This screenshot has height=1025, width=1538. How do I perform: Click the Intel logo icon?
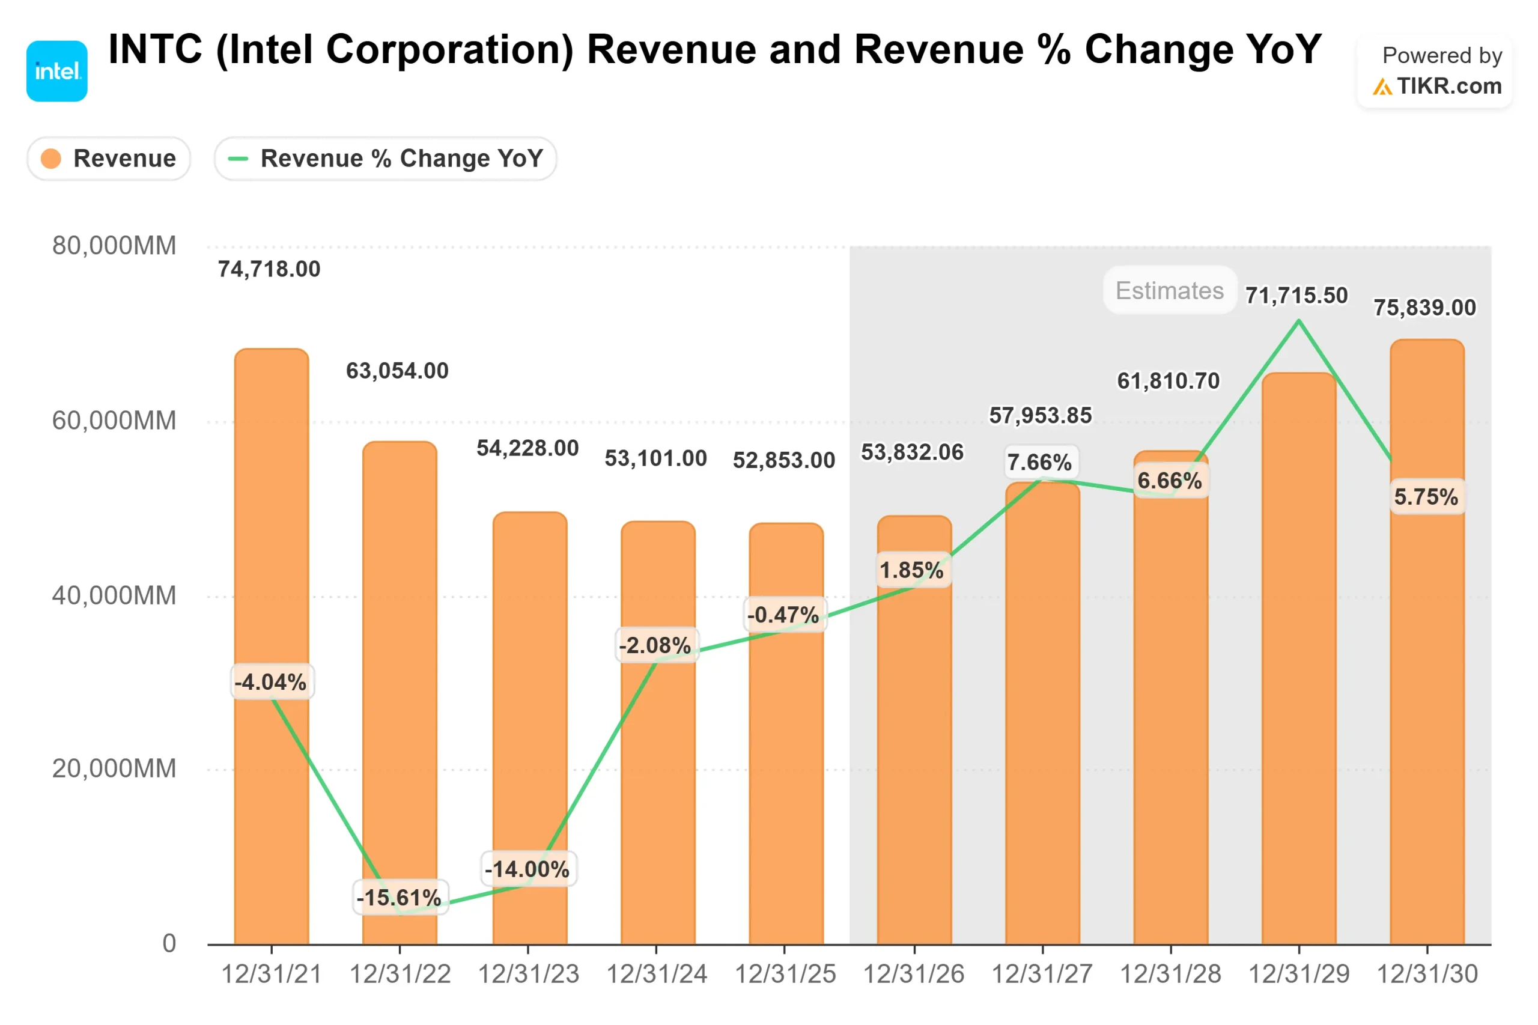(x=57, y=71)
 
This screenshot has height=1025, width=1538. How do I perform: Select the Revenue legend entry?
(x=109, y=158)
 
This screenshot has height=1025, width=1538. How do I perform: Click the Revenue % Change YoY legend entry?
(x=385, y=158)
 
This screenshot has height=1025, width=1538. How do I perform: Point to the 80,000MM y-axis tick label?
(x=114, y=246)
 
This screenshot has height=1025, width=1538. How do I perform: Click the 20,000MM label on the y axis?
(x=114, y=768)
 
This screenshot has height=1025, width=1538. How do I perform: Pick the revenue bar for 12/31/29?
(x=1298, y=660)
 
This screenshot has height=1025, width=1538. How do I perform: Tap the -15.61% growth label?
(x=400, y=898)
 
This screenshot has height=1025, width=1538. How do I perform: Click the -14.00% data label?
(x=527, y=869)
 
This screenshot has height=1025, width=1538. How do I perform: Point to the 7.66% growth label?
(x=1039, y=462)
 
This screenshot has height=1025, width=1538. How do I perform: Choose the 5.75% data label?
(x=1426, y=497)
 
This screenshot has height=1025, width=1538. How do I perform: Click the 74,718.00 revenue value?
(x=269, y=269)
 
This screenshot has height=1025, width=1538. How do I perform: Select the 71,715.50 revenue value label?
(x=1296, y=296)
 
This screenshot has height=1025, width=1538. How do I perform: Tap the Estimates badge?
(x=1169, y=290)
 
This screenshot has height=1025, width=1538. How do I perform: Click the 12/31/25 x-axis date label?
(x=785, y=975)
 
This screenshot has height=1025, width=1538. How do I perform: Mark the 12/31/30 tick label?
(x=1427, y=975)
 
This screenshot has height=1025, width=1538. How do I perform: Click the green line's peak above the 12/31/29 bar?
(x=1298, y=320)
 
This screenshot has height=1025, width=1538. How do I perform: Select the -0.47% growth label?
(x=783, y=615)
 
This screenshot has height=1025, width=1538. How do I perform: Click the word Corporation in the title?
(x=449, y=50)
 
